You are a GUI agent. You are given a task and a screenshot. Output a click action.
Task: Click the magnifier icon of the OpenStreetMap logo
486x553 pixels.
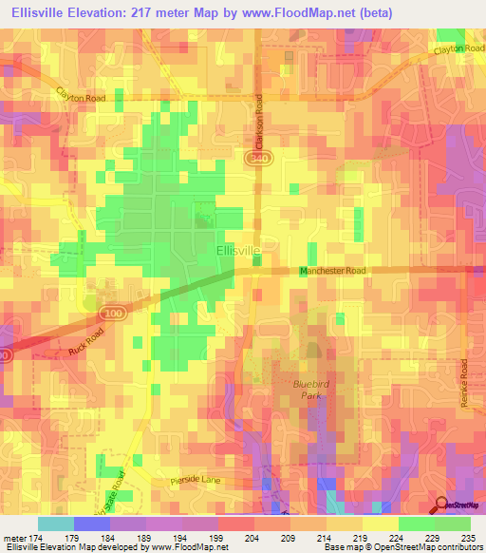tap(442, 505)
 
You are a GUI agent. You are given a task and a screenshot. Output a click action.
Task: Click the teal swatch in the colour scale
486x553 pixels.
tap(55, 524)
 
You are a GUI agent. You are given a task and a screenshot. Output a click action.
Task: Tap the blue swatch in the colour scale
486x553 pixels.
tap(91, 524)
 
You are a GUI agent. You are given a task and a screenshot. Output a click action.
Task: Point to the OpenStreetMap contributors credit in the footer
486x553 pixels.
tap(435, 547)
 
